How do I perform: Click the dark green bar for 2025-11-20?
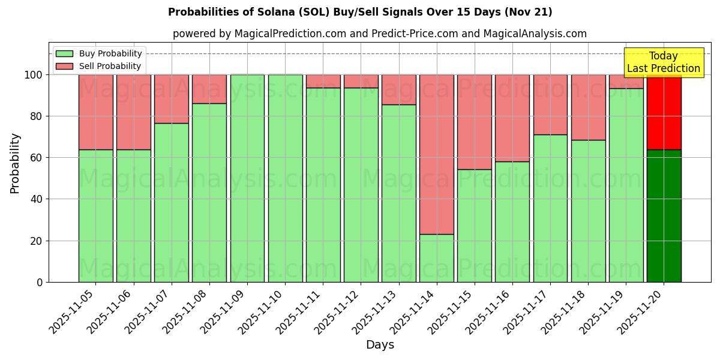(664, 216)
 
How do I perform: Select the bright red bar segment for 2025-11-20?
(664, 112)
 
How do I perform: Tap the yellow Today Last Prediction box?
(663, 62)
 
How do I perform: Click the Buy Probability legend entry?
(99, 53)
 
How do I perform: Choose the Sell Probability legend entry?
(99, 66)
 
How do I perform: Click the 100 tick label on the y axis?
(34, 75)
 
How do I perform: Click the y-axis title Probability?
(15, 163)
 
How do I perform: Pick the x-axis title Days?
(380, 345)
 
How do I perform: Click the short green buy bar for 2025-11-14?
(436, 258)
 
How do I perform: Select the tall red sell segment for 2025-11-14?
(436, 154)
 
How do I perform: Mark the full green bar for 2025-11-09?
(247, 178)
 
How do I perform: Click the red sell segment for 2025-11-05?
(95, 112)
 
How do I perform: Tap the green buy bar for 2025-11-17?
(550, 208)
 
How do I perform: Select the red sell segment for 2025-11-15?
(474, 122)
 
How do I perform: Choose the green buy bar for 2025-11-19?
(626, 185)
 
